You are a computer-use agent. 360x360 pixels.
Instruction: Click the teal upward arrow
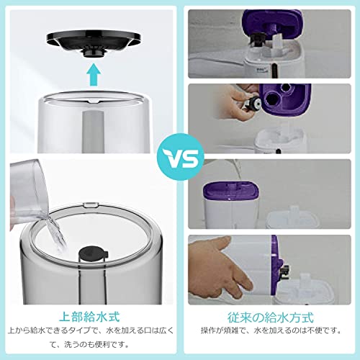pos(94,74)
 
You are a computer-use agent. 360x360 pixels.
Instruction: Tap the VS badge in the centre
pos(180,157)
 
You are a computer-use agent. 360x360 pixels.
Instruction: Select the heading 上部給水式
pos(89,317)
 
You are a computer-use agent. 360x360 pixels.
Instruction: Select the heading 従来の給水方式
pos(271,318)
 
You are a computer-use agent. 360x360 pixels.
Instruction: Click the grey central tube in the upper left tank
pos(94,131)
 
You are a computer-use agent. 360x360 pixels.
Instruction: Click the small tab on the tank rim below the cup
pos(91,204)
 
